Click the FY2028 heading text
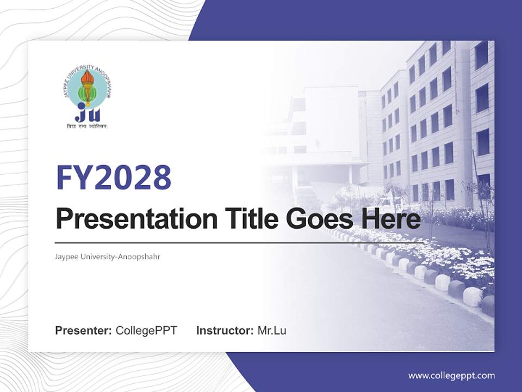tap(114, 177)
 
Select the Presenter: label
tap(84, 330)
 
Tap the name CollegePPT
tap(146, 330)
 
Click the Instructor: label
tap(225, 330)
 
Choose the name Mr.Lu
tap(272, 330)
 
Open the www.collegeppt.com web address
tap(451, 376)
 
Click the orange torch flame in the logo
tap(87, 79)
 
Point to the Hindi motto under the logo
tap(87, 126)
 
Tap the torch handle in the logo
tap(87, 98)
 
